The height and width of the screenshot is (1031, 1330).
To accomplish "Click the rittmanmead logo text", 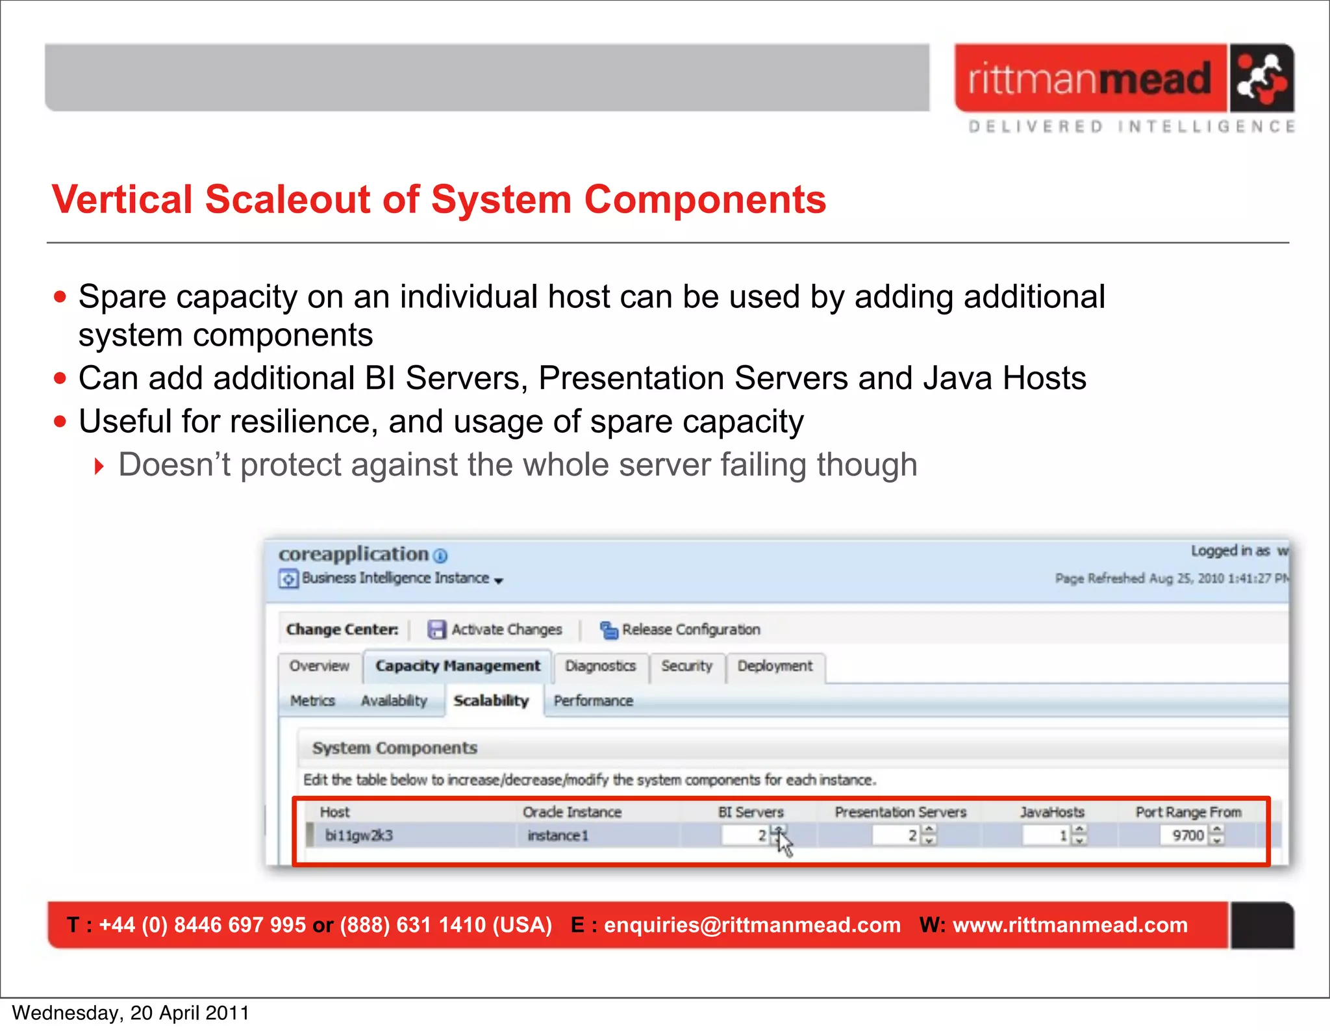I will point(1090,79).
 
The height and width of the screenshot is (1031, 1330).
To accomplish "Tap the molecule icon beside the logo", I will point(1261,79).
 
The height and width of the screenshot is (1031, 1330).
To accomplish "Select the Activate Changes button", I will point(495,630).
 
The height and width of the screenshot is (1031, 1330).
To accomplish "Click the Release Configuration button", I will point(680,630).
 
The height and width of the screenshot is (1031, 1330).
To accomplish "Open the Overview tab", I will point(319,666).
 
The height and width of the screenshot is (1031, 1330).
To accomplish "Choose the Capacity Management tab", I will point(457,666).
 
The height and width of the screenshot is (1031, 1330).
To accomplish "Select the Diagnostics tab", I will point(600,666).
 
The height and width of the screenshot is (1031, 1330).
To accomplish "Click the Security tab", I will point(686,666).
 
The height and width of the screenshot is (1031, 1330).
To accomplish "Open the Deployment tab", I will point(775,666).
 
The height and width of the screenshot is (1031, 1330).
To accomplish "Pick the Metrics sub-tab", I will point(312,701).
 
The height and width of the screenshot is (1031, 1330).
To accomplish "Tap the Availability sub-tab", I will point(394,701).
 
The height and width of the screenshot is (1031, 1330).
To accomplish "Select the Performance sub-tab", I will point(593,701).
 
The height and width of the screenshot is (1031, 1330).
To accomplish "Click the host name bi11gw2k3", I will point(358,835).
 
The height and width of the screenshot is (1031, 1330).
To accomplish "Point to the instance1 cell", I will point(558,835).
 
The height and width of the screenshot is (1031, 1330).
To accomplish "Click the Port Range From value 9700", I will point(1187,835).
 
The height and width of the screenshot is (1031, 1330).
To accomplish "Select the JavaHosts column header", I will point(1051,812).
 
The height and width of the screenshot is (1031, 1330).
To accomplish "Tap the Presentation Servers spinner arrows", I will point(929,835).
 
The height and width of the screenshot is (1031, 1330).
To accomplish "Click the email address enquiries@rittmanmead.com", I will point(752,925).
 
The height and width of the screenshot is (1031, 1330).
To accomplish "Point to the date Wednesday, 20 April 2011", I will point(131,1013).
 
